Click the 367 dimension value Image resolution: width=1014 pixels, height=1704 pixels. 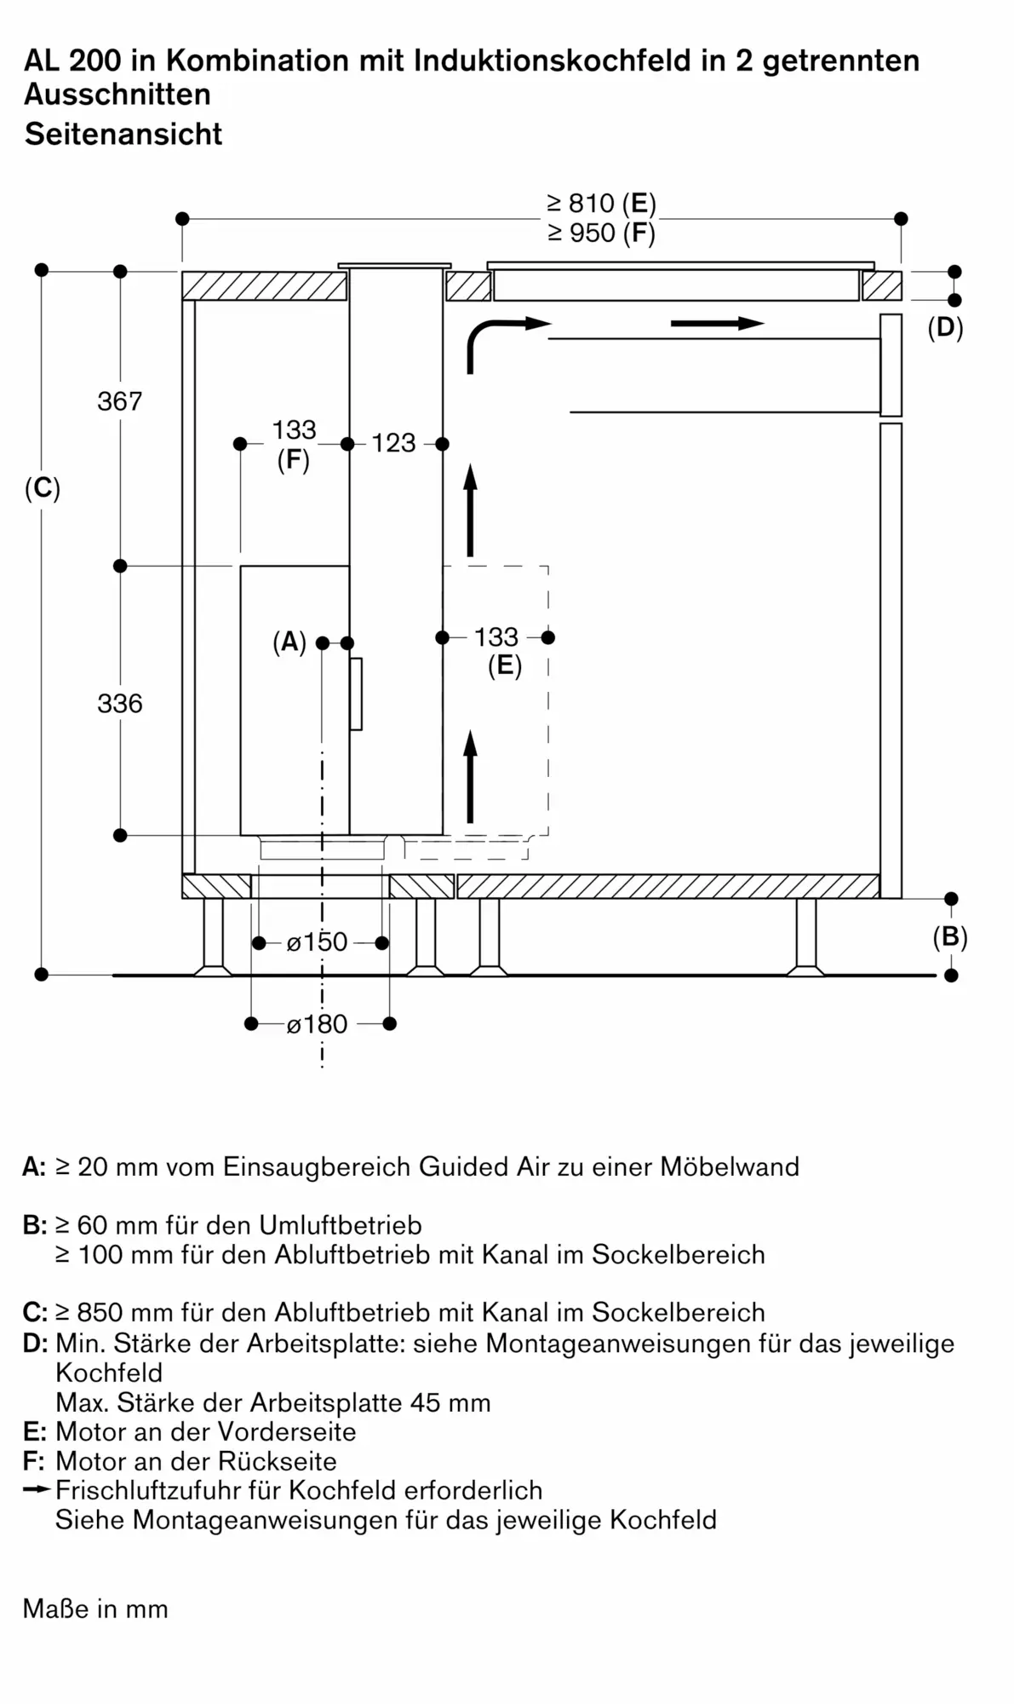(x=120, y=400)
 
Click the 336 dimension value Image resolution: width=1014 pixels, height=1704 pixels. (x=120, y=703)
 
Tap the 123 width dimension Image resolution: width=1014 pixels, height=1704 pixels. (x=393, y=443)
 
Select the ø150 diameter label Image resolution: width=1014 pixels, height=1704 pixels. (x=317, y=941)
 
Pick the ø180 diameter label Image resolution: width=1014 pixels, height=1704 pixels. (x=317, y=1023)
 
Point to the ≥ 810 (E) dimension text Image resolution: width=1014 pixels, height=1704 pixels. (x=601, y=204)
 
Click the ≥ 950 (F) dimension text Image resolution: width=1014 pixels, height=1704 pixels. (x=601, y=233)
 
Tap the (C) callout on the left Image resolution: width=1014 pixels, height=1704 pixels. (x=43, y=488)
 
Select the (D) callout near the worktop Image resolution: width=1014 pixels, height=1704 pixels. (x=945, y=328)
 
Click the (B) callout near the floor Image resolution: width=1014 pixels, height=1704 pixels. (x=950, y=937)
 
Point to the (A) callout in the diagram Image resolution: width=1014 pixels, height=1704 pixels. (x=289, y=642)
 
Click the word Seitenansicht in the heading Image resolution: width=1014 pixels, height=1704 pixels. (x=123, y=134)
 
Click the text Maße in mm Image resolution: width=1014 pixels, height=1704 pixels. (x=95, y=1609)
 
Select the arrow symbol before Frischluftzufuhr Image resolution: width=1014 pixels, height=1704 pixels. (x=37, y=1490)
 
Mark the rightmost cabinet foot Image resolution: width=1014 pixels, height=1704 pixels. (x=805, y=937)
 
